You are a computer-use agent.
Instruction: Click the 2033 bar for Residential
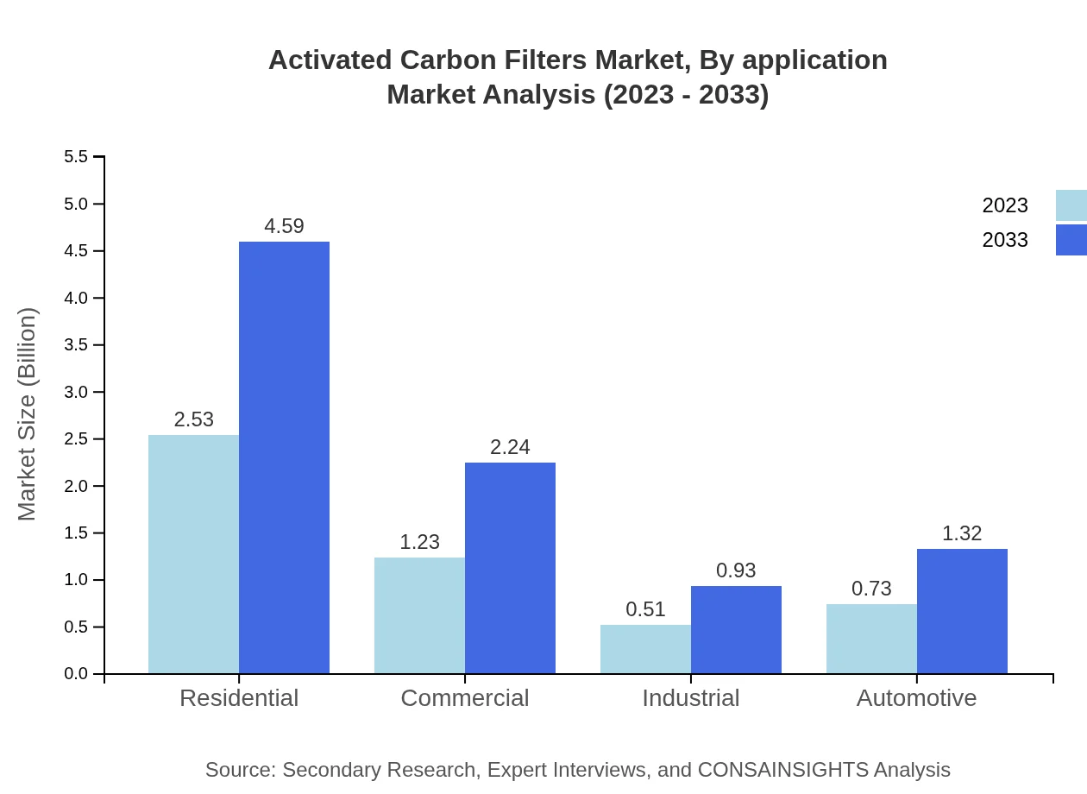pos(284,457)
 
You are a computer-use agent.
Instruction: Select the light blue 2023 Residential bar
pos(193,554)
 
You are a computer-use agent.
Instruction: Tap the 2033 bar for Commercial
pos(510,568)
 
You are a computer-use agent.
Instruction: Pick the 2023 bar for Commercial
pos(419,615)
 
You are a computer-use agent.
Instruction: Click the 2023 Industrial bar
pos(645,649)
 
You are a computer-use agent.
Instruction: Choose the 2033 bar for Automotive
pos(962,611)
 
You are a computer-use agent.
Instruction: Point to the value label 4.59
pos(284,226)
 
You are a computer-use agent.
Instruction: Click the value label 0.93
pos(736,570)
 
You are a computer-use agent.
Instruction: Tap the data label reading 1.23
pos(419,542)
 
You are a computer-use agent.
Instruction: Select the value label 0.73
pos(871,589)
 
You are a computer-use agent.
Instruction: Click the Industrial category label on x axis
pos(690,697)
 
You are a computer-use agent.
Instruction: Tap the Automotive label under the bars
pos(916,697)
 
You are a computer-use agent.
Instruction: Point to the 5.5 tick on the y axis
pos(76,157)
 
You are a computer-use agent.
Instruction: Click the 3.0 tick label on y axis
pos(76,392)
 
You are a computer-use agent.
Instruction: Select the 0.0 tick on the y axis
pos(76,674)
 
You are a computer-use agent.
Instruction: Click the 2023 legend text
pos(1004,205)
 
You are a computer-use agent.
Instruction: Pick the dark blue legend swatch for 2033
pos(1071,240)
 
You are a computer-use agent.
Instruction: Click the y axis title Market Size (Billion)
pos(28,414)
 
